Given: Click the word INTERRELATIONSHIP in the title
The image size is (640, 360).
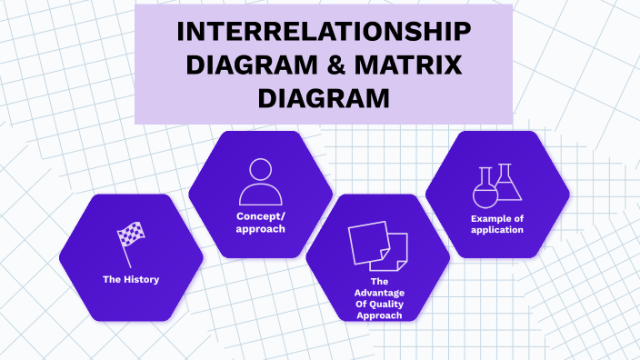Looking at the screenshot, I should pos(324,32).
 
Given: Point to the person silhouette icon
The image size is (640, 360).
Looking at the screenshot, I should pos(260,183).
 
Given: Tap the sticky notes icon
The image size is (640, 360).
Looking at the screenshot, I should pos(377,246).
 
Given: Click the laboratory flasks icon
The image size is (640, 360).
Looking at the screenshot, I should pos(497,186).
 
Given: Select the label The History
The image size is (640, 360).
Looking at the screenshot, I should pos(131,279).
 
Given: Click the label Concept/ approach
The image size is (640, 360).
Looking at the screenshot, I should pos(261,223).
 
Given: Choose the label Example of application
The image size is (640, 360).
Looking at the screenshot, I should pos(497,225).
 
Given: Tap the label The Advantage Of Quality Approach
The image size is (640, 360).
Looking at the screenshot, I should pos(377,298).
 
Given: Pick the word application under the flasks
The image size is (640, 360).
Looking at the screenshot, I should pos(497,230).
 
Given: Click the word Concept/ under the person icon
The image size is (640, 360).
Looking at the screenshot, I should pos(261,216).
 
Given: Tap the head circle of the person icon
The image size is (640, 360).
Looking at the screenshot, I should pos(260,170).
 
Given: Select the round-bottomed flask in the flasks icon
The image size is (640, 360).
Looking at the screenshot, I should pos(485,191).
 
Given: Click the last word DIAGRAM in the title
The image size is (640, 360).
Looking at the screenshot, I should pos(324,97).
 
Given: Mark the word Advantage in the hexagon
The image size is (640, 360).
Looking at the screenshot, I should pos(377,293).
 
